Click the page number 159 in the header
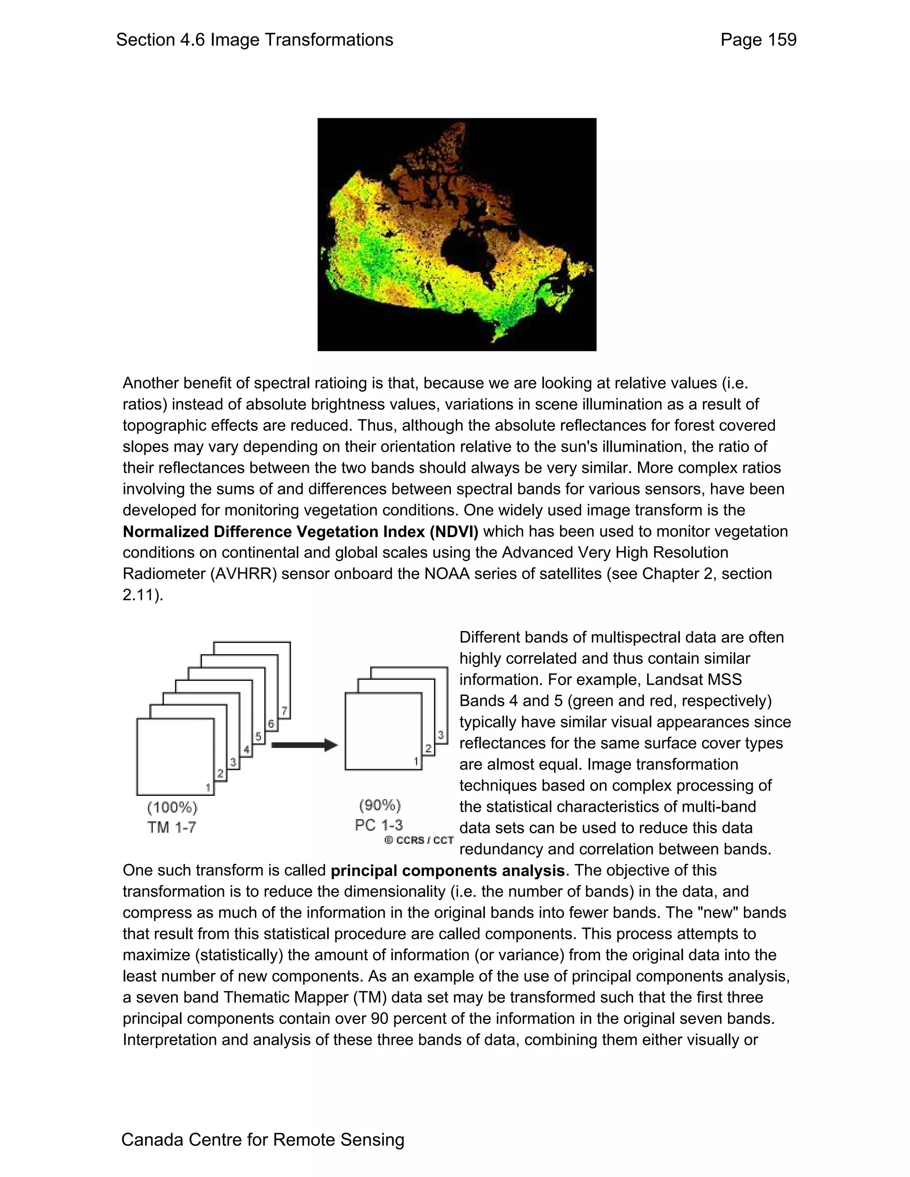779,40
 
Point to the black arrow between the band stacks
303,745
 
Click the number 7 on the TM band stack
284,711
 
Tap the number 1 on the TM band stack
208,787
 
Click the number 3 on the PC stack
440,735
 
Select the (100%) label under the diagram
172,807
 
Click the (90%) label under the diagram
380,805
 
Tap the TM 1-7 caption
172,827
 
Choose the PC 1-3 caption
379,825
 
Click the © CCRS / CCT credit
419,840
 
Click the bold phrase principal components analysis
447,871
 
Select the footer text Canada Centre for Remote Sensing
263,1139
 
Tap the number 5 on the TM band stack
259,736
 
